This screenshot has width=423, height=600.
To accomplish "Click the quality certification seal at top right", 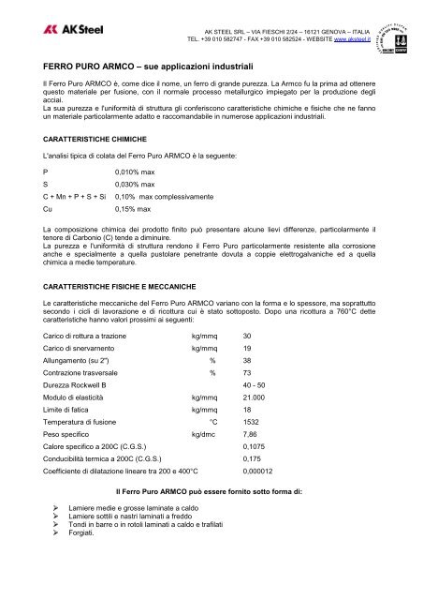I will [x=393, y=27].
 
